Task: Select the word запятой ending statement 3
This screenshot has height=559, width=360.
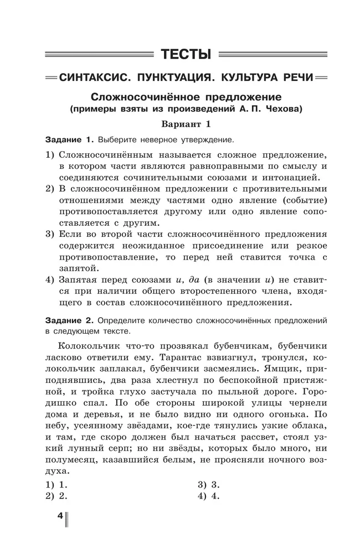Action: point(79,267)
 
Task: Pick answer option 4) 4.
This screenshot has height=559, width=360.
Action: point(209,495)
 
